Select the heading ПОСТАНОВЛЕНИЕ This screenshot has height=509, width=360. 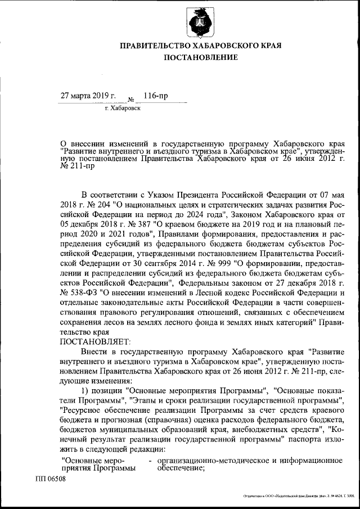coord(200,57)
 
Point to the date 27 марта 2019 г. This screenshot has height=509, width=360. coord(88,96)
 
